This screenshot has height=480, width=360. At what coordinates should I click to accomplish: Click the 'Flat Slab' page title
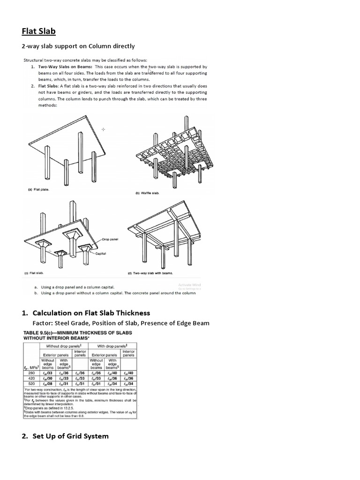39,31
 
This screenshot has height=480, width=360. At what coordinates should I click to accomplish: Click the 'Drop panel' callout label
111,239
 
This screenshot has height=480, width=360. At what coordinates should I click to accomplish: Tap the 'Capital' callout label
101,253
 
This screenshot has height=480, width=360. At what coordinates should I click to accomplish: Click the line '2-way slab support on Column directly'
79,46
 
